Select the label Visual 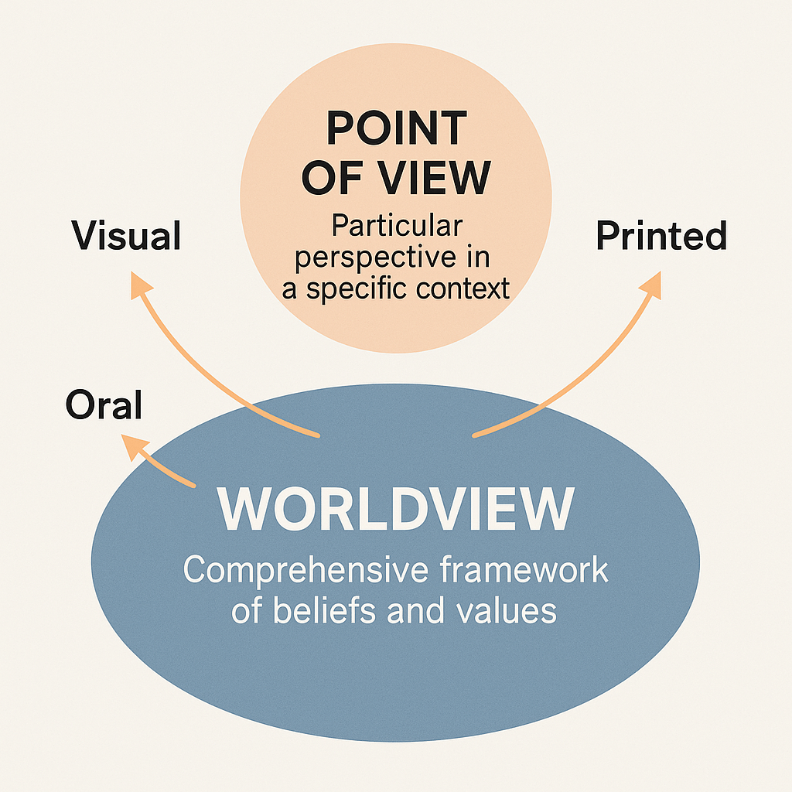click(127, 235)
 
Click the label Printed click(661, 235)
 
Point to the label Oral click(104, 404)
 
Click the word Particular click(396, 227)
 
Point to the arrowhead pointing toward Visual click(139, 286)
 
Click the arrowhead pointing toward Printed click(651, 284)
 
